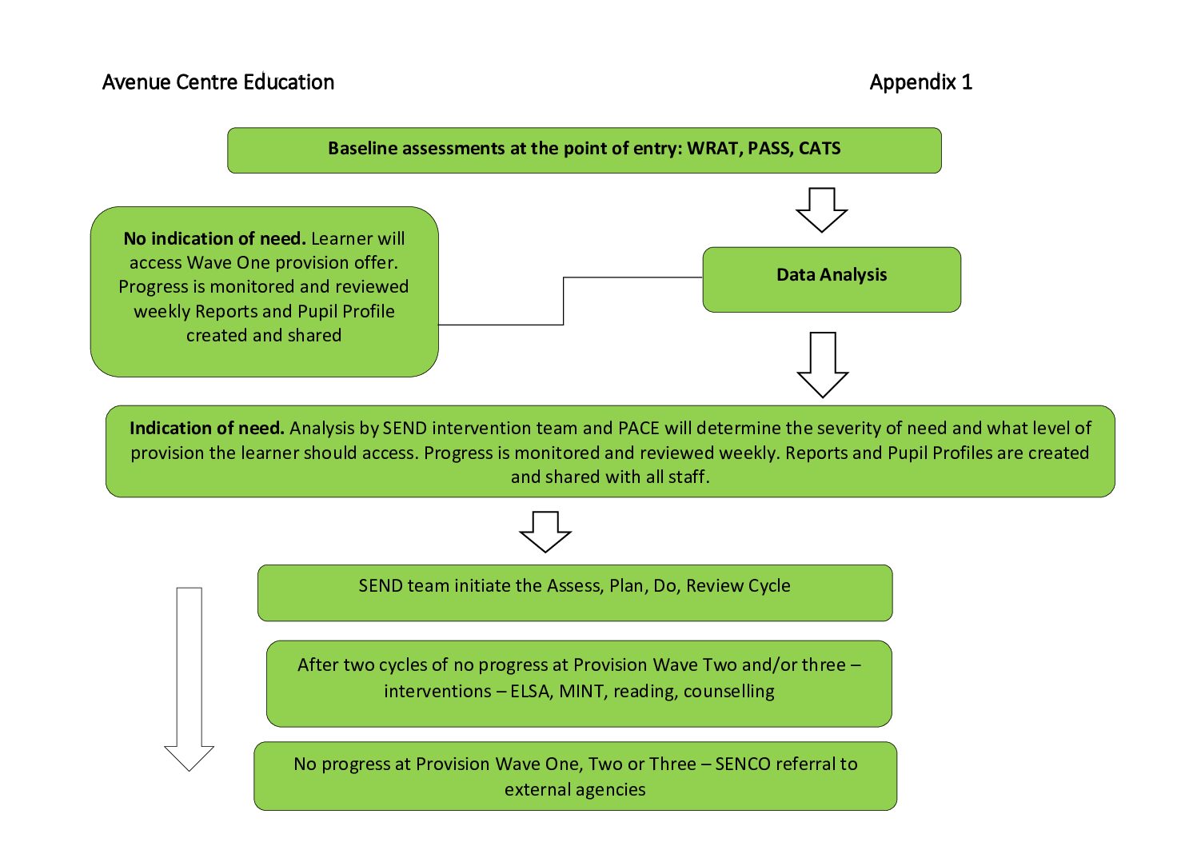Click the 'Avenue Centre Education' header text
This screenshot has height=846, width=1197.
218,82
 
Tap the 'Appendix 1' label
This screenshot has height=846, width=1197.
920,82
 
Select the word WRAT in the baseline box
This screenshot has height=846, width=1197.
713,149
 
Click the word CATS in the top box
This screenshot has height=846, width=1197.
820,149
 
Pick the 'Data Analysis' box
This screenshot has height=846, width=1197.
832,279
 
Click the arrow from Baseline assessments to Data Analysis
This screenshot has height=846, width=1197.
821,210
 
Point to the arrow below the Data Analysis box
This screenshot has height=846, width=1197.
822,365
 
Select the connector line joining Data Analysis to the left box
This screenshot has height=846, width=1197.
564,301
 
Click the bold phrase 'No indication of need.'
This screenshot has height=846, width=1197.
214,239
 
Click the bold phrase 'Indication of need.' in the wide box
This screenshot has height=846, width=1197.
206,429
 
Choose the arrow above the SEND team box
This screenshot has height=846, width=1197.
545,532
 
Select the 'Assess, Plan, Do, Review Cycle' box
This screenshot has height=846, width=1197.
574,593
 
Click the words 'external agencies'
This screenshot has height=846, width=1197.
574,790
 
